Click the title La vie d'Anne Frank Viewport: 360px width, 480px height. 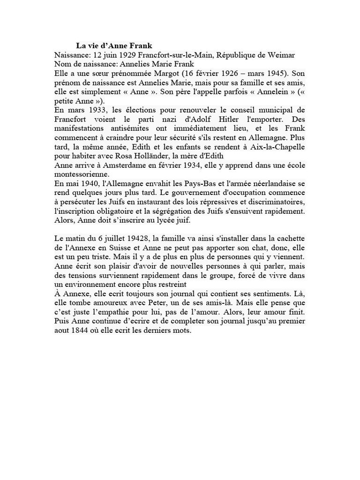(x=114, y=46)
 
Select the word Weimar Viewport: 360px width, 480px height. (x=280, y=55)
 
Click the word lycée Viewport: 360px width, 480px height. (x=152, y=220)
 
